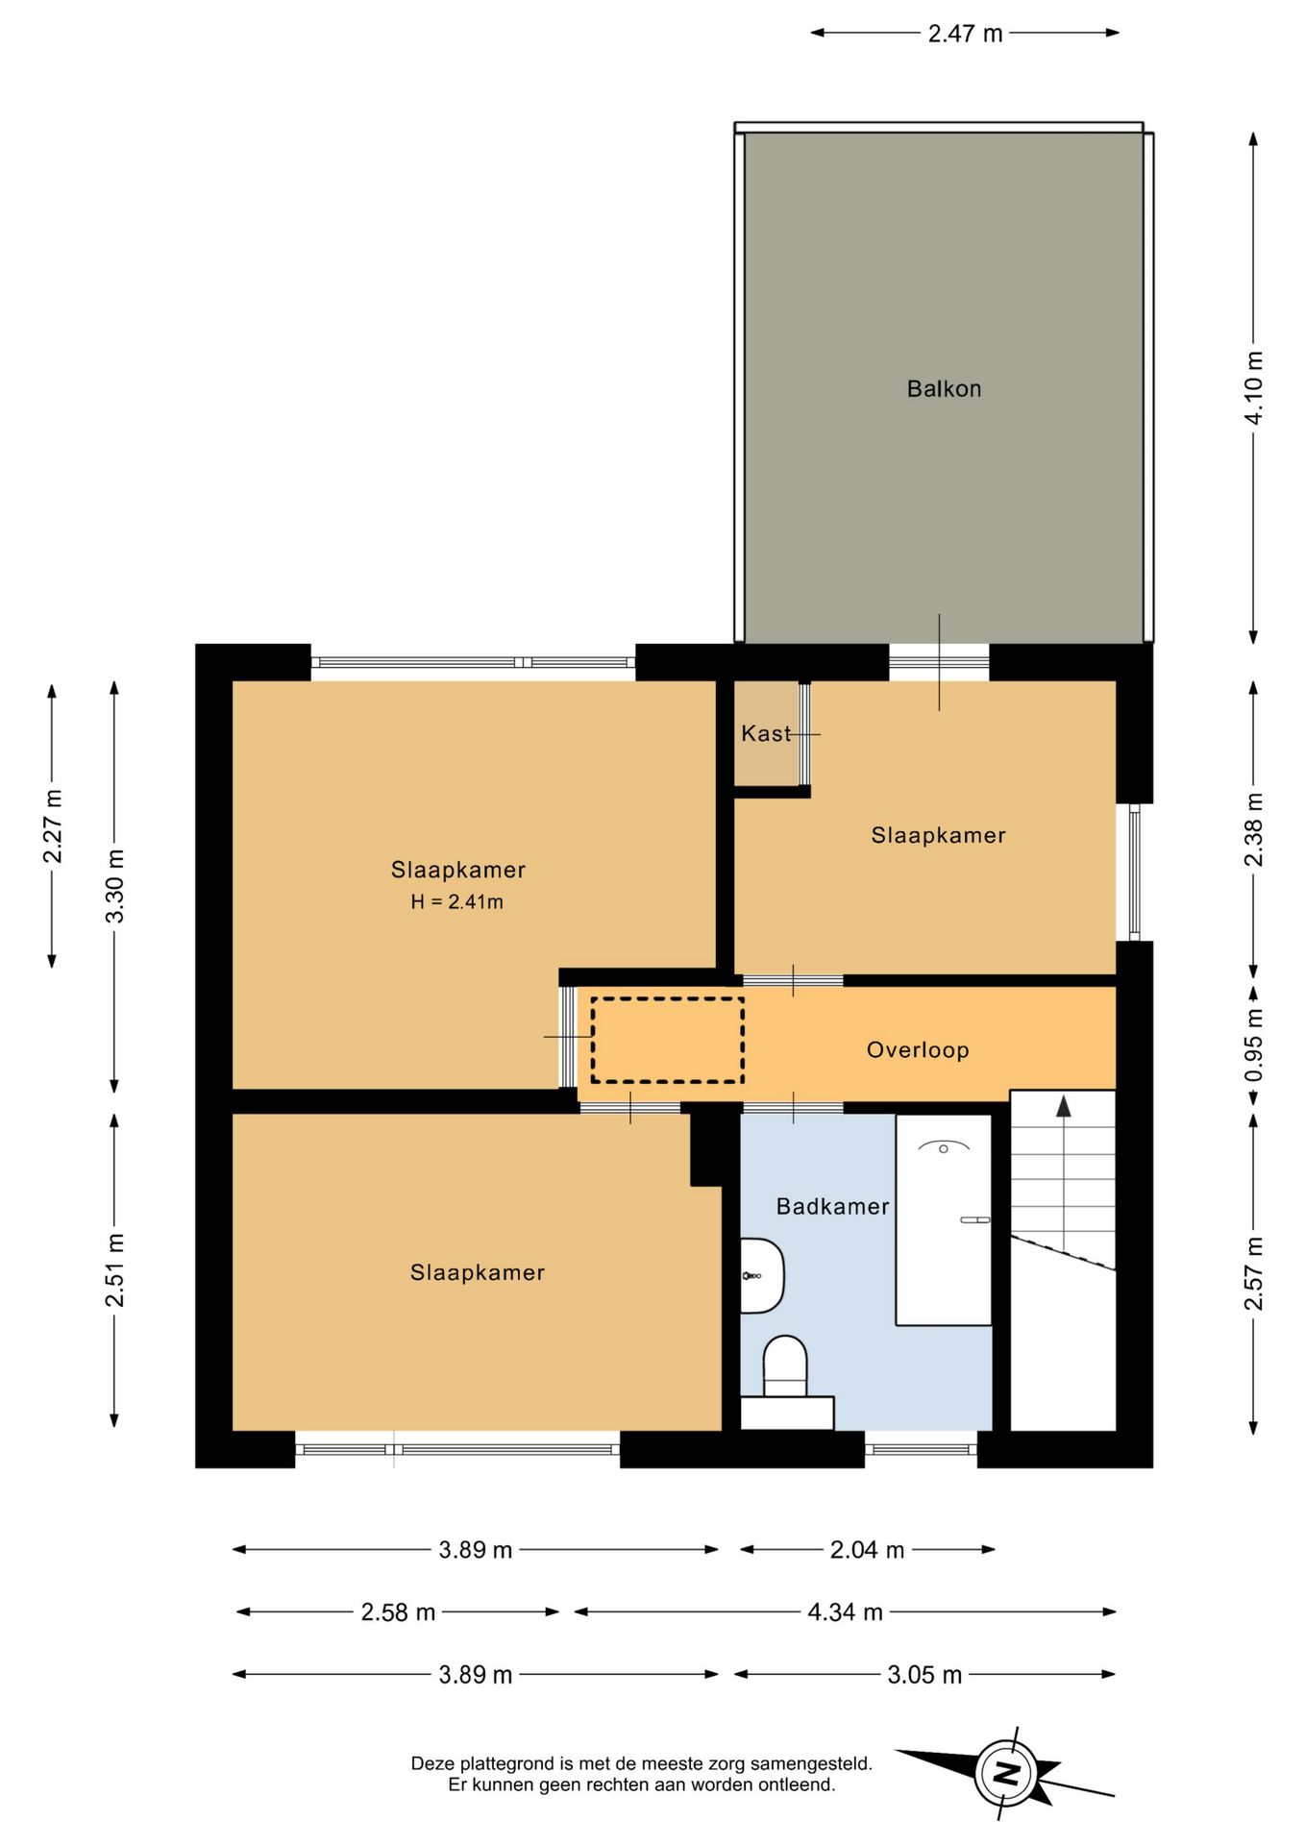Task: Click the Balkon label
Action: (944, 389)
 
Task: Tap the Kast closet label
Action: (766, 734)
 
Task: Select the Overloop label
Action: (918, 1050)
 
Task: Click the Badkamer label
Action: (832, 1207)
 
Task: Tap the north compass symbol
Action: (1005, 1773)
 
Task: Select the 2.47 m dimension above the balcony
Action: (965, 34)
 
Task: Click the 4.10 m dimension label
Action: (1254, 387)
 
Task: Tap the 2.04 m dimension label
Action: (867, 1550)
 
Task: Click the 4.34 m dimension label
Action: (845, 1612)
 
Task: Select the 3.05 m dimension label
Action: (924, 1675)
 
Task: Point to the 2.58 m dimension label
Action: (398, 1612)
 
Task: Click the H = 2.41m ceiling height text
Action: (456, 902)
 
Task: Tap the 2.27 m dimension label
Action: (54, 826)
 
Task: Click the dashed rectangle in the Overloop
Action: (667, 1040)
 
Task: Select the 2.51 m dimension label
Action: (115, 1270)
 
